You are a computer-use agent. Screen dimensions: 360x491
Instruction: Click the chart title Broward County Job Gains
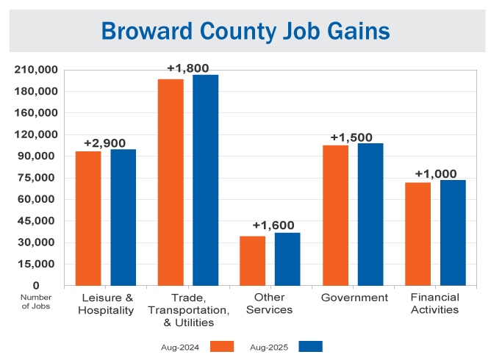click(x=246, y=32)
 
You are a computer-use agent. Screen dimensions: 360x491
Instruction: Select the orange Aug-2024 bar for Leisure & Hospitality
click(x=88, y=218)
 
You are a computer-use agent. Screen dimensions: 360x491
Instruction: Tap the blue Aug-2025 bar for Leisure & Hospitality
click(x=123, y=217)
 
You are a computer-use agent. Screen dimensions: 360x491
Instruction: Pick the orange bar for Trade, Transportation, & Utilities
click(x=171, y=182)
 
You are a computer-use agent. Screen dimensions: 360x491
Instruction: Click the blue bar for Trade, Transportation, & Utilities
click(x=206, y=180)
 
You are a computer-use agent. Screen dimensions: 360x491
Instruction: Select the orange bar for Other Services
click(x=253, y=261)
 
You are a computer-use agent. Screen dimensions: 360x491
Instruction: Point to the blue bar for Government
click(x=370, y=215)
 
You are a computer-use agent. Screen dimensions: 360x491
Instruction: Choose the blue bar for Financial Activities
click(x=453, y=233)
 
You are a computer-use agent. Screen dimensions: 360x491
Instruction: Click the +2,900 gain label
click(x=105, y=143)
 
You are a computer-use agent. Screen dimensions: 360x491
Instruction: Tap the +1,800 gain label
click(x=187, y=68)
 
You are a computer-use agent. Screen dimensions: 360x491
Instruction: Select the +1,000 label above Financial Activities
click(x=436, y=174)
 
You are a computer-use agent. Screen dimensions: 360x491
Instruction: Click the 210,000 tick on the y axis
click(x=36, y=70)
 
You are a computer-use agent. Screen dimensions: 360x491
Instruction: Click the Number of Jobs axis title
click(x=35, y=301)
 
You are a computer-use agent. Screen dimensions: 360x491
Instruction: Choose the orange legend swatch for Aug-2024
click(x=221, y=346)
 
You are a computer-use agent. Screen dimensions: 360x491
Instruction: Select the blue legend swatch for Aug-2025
click(x=311, y=346)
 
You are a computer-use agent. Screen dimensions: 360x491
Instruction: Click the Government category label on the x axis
click(x=354, y=298)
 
